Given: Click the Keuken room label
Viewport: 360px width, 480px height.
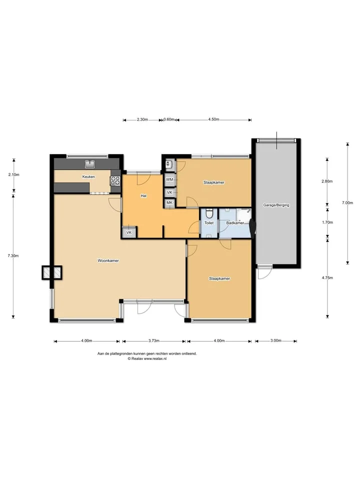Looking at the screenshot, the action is pos(88,176).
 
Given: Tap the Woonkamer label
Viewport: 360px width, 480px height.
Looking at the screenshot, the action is pos(108,260).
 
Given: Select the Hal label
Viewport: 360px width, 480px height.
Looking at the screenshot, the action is pos(143,195).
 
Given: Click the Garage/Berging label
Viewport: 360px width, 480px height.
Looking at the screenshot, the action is pos(276,205).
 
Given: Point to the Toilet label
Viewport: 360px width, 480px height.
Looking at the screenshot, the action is pos(209,223).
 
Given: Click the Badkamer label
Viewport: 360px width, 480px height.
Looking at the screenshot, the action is pos(235,223).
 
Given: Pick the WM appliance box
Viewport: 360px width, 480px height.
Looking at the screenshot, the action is pos(169,179).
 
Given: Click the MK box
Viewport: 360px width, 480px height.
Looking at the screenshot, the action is pos(169,202).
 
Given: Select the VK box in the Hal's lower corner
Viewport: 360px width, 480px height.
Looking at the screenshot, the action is pos(129,232).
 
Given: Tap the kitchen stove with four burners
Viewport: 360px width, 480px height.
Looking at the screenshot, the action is pos(115,180).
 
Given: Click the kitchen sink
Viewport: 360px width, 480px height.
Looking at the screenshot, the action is pos(89,164).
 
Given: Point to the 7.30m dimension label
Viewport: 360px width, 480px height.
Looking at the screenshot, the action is pos(13,255).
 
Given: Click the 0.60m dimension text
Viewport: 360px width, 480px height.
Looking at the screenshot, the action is pos(169,119).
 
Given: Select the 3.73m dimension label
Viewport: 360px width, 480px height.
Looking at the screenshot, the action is pos(154,340).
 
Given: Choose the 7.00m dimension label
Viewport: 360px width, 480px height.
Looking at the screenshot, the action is pos(347,202).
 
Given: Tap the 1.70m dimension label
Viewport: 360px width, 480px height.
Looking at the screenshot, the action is pos(327,222).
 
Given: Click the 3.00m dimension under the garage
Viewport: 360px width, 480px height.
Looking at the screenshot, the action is pos(276,340).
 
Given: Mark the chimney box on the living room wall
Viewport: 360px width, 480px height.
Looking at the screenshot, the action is pos(51,272).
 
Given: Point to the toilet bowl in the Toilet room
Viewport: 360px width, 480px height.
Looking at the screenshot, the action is pos(209,212).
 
